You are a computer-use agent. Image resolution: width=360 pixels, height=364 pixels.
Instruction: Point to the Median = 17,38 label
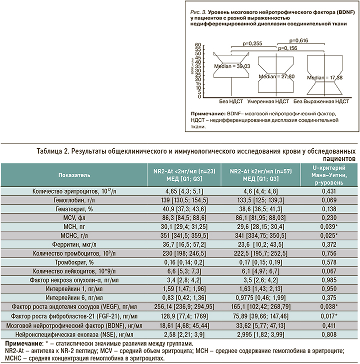(324, 78)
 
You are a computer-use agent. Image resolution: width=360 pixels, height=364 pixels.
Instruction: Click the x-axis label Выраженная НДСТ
(327, 101)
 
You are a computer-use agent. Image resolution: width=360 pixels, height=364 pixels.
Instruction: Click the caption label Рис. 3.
(192, 10)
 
